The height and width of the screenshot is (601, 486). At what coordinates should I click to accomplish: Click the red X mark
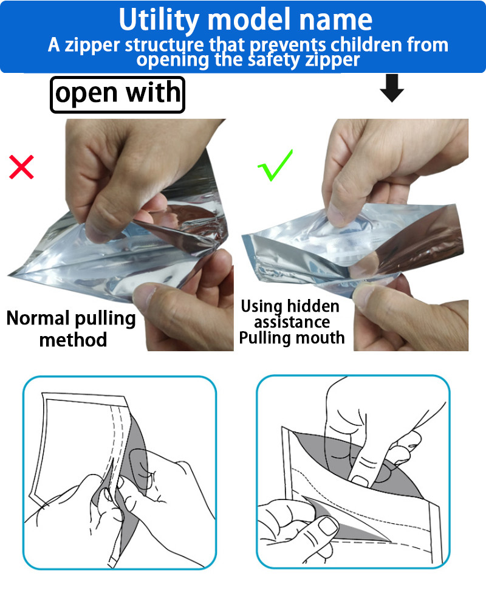(21, 167)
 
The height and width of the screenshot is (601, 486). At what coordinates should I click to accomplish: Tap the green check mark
(275, 165)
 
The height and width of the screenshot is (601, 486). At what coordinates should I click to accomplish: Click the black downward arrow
(392, 88)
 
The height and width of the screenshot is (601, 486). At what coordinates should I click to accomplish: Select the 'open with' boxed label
(118, 95)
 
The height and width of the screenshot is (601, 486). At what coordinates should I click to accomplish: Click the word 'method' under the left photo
(73, 340)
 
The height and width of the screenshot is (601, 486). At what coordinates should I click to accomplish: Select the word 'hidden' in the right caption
(313, 306)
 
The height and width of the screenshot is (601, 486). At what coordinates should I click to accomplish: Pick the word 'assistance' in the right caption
(292, 322)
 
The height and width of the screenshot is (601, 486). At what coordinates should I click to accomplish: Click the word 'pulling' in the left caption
(105, 319)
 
